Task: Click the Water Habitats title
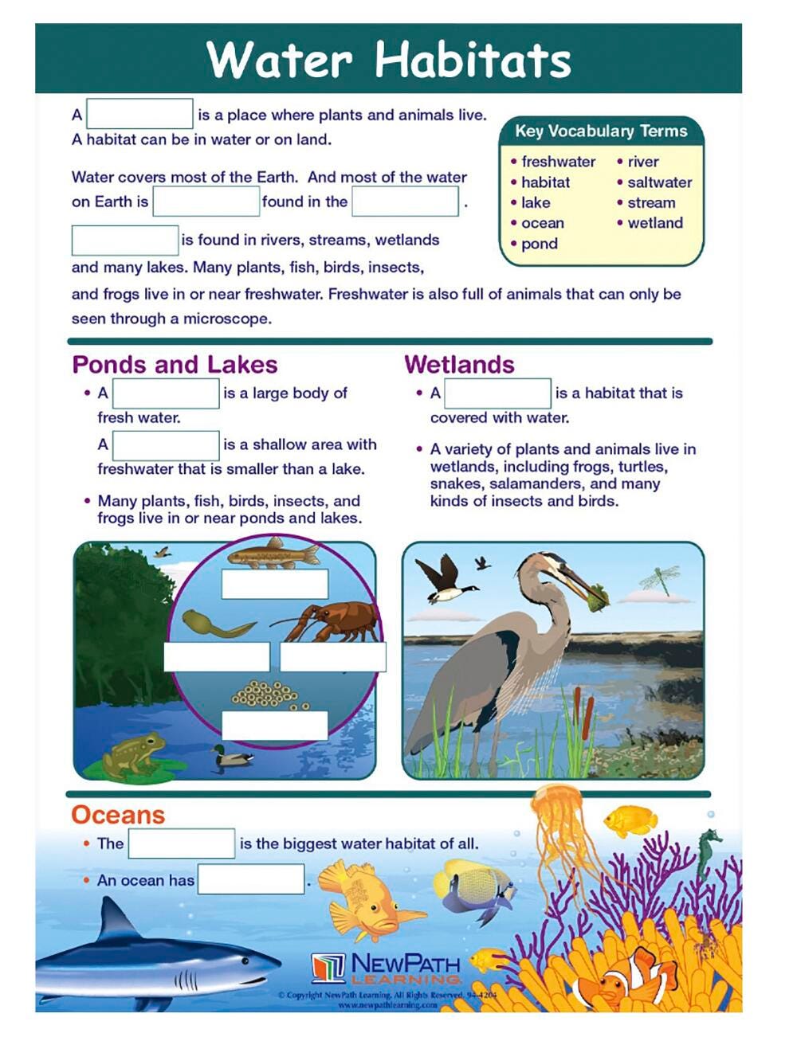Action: click(388, 59)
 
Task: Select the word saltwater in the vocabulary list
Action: click(659, 182)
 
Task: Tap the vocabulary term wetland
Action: click(654, 223)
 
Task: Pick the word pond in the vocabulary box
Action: click(539, 244)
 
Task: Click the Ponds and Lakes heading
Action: click(175, 365)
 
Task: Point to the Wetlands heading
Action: click(459, 365)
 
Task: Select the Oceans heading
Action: click(118, 815)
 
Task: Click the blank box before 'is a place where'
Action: click(139, 114)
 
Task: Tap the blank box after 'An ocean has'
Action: click(251, 879)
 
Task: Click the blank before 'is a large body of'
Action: click(166, 393)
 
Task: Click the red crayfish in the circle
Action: click(331, 620)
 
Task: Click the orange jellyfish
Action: click(558, 820)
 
